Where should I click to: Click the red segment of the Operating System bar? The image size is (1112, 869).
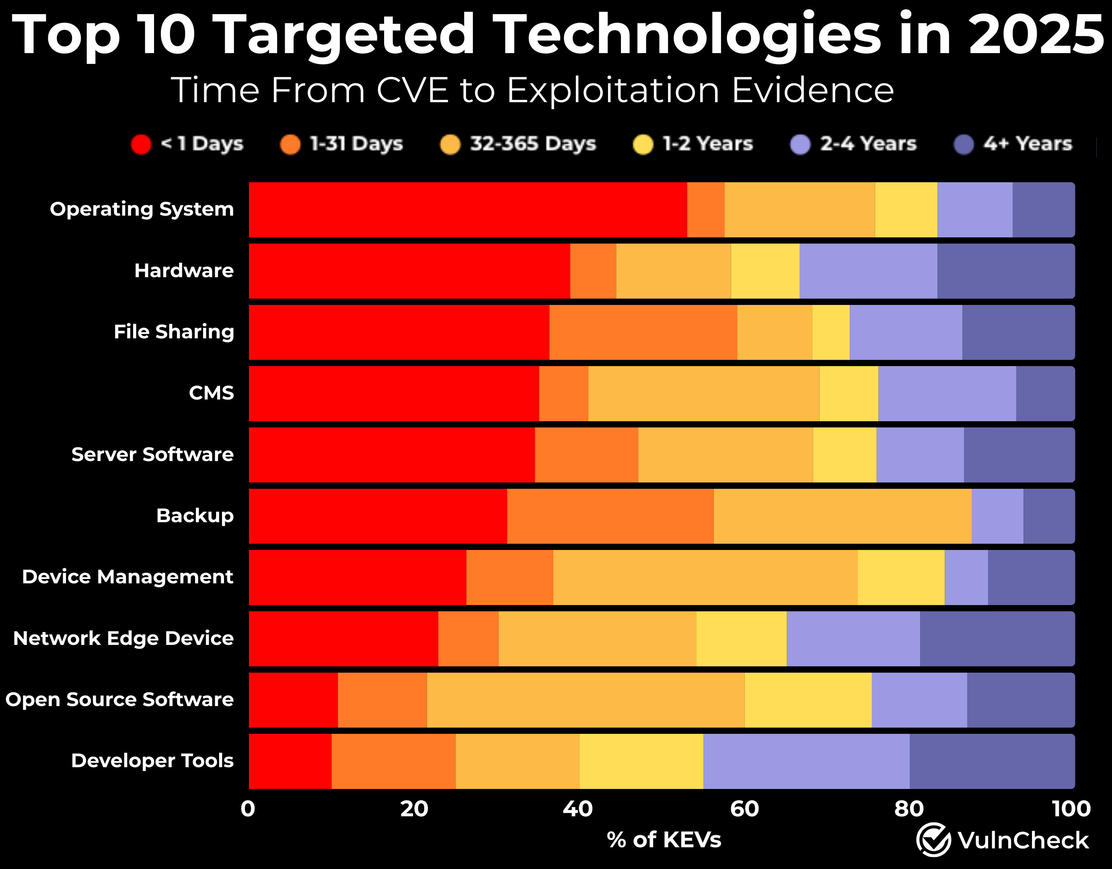[x=467, y=209]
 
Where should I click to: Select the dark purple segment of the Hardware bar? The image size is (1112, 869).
[x=1005, y=271]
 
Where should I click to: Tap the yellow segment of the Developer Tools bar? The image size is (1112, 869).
[x=641, y=761]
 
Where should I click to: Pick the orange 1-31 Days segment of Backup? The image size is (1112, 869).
[x=610, y=516]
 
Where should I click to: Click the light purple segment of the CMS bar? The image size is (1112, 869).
[x=947, y=393]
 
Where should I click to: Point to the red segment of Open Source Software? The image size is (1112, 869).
[x=293, y=700]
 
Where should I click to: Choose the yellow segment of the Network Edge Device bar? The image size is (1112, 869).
[x=741, y=639]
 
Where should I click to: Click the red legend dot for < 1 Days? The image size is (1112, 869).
[x=141, y=144]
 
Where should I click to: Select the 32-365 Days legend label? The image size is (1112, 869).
[x=532, y=144]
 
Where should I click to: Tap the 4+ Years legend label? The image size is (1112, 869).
[x=1028, y=144]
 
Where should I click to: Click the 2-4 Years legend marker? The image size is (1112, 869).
[x=800, y=144]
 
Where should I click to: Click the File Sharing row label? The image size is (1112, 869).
[x=174, y=332]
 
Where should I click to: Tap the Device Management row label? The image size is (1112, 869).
[x=127, y=577]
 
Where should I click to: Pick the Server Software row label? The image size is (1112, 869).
[x=152, y=454]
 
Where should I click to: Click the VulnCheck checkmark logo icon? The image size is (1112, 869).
[x=933, y=840]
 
